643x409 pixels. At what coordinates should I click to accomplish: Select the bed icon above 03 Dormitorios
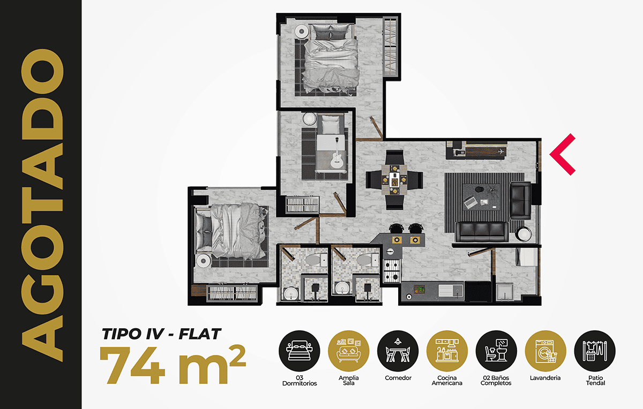point(299,351)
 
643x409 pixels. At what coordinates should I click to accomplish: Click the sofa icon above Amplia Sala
point(348,351)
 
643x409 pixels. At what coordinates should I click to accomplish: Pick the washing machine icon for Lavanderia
point(545,351)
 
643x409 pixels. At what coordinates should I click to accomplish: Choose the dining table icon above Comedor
point(398,351)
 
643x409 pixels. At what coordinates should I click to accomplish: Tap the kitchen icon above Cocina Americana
point(447,351)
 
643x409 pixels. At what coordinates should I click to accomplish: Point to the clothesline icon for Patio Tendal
point(595,351)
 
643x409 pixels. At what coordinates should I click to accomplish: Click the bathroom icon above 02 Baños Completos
point(496,351)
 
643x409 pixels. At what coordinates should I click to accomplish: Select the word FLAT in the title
point(200,334)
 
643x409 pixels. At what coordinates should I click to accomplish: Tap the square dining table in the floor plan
point(394,179)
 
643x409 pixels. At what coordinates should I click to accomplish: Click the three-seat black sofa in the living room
point(482,232)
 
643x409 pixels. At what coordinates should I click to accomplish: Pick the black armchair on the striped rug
point(520,200)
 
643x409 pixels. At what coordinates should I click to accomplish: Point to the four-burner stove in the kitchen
point(392,271)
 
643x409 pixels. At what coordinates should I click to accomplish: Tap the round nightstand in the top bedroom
point(301,31)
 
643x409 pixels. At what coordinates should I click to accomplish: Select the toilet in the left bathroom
point(316,260)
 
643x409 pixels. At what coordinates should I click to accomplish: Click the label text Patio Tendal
point(595,380)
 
